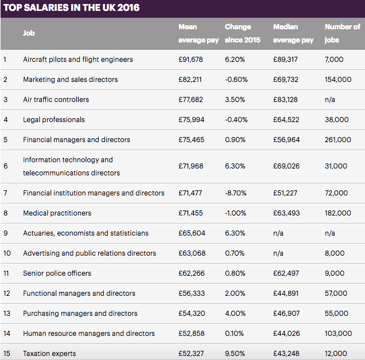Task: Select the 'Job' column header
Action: [29, 33]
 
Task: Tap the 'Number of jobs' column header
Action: [342, 33]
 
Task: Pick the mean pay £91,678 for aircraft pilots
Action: [191, 60]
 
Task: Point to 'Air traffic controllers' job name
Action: [56, 100]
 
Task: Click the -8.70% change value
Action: [236, 193]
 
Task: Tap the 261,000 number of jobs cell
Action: [337, 140]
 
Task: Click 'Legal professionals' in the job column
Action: [53, 120]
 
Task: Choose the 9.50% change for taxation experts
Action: [235, 354]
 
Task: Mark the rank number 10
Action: [7, 253]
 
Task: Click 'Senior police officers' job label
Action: [57, 273]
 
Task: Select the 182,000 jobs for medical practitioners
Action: [337, 213]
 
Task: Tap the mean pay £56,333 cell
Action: [191, 294]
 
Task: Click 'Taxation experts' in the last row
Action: [49, 354]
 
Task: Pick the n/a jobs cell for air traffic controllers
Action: [330, 100]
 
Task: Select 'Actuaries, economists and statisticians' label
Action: [86, 233]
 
